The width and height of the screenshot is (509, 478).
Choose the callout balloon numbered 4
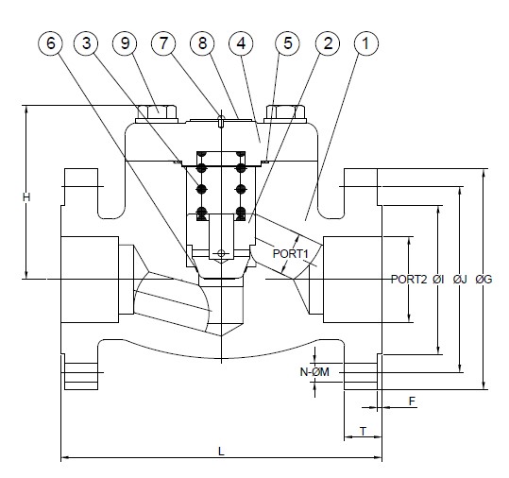(242, 43)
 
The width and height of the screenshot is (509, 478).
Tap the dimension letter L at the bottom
(221, 451)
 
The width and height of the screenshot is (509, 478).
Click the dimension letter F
(412, 401)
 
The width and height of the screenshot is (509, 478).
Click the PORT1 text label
(291, 254)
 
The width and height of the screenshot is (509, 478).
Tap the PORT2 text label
(409, 280)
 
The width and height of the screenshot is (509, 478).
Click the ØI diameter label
(438, 280)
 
